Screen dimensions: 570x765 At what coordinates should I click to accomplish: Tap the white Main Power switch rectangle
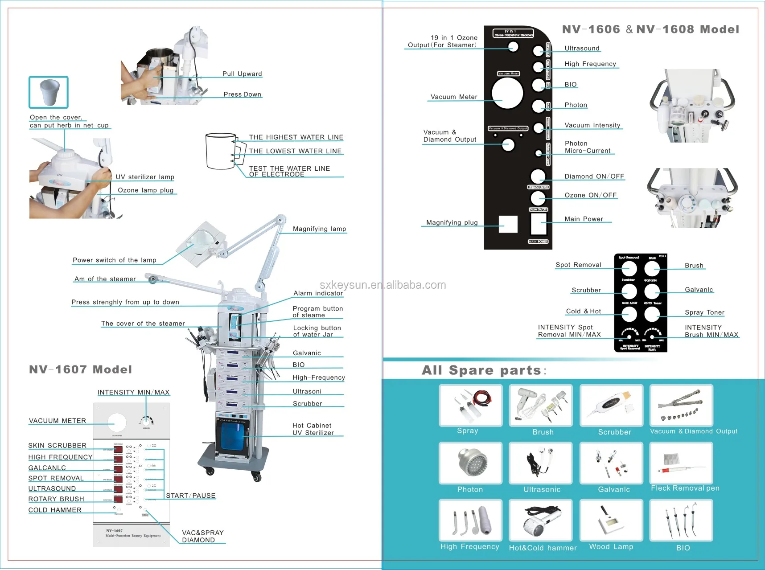539,224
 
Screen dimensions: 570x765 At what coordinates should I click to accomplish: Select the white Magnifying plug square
508,224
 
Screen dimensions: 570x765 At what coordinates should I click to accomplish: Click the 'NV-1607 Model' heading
81,369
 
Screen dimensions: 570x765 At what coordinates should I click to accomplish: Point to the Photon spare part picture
470,463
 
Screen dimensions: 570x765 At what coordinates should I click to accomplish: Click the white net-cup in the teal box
49,92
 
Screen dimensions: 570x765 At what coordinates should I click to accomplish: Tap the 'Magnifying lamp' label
319,229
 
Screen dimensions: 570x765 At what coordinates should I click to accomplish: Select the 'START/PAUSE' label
190,496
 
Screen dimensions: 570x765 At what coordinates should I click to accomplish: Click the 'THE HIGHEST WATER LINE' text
296,137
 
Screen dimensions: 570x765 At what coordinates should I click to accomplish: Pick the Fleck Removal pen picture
681,463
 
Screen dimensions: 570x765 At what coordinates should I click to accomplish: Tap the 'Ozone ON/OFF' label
590,195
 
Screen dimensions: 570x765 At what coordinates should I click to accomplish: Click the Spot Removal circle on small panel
629,269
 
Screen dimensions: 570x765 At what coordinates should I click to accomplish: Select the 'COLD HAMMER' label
55,510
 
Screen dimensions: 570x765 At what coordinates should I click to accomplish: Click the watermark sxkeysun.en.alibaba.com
382,285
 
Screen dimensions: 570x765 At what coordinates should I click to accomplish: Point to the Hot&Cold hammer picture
541,521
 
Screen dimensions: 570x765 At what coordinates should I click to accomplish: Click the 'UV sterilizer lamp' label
145,177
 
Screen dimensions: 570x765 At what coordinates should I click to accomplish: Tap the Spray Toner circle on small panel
652,314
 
